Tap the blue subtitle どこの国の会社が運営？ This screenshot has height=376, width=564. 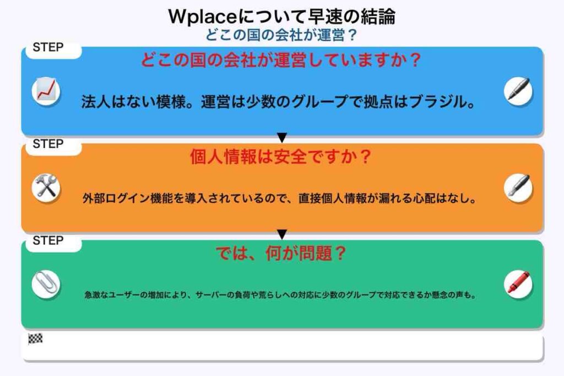click(281, 35)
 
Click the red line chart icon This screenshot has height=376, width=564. click(46, 91)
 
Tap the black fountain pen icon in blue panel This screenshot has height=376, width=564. click(518, 91)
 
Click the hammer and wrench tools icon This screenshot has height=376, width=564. click(46, 187)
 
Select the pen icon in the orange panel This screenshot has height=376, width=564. click(518, 187)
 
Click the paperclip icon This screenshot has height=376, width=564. click(46, 284)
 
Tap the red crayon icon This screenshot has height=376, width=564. click(518, 284)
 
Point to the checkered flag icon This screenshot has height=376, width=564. click(35, 339)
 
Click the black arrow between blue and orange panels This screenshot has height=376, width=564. click(282, 138)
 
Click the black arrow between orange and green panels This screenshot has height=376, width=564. click(282, 234)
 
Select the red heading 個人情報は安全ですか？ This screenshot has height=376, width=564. click(280, 157)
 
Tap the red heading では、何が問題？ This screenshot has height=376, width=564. click(280, 253)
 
